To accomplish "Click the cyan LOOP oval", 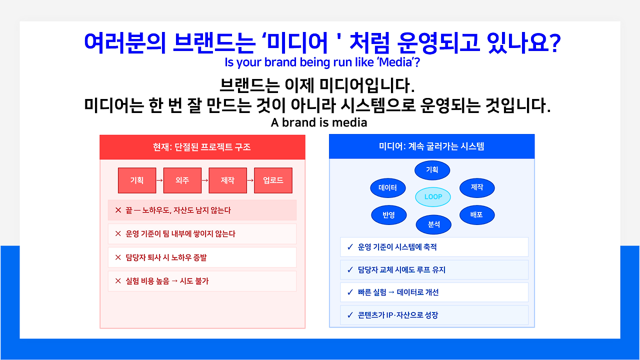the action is click(x=433, y=197).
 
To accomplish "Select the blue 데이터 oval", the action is click(x=387, y=187).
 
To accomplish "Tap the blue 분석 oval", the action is click(x=433, y=224).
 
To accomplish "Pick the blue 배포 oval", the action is click(x=477, y=215).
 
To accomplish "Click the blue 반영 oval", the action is click(x=388, y=215).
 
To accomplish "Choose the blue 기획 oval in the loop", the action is click(x=432, y=170).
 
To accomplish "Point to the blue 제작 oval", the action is click(x=477, y=187).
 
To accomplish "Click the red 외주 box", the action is click(x=182, y=180).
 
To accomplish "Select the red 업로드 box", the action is click(x=273, y=180).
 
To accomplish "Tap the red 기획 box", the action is click(x=137, y=180).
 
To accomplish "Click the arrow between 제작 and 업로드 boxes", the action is click(x=250, y=180).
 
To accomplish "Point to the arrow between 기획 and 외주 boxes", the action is click(x=159, y=180).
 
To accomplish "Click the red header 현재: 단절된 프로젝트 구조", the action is click(x=202, y=147).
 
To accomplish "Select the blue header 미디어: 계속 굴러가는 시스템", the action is click(x=431, y=146).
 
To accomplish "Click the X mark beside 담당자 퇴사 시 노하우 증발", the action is click(x=118, y=257).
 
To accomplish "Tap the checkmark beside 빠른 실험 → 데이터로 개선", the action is click(x=350, y=292).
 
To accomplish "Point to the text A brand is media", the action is click(x=319, y=122).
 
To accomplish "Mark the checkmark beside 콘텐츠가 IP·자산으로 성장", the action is click(x=350, y=315).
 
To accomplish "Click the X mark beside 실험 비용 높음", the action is click(x=118, y=281).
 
